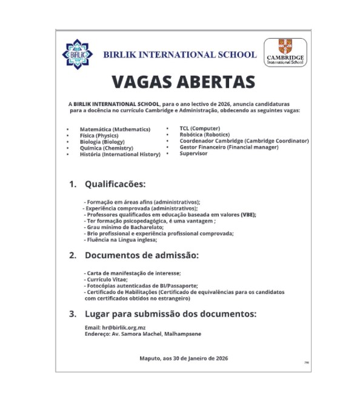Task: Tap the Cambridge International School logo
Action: [285, 53]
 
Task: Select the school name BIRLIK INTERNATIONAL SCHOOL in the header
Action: [179, 55]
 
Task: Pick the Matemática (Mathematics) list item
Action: [115, 129]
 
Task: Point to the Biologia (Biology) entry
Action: [102, 142]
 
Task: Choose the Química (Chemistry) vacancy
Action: [106, 148]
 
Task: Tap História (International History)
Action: [120, 154]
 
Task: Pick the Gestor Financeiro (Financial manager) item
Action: [228, 147]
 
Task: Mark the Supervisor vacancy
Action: [193, 153]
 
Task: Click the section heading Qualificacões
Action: [115, 183]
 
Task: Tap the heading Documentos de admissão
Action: [141, 255]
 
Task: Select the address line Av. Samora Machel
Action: [143, 334]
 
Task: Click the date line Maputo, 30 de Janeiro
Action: [183, 358]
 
